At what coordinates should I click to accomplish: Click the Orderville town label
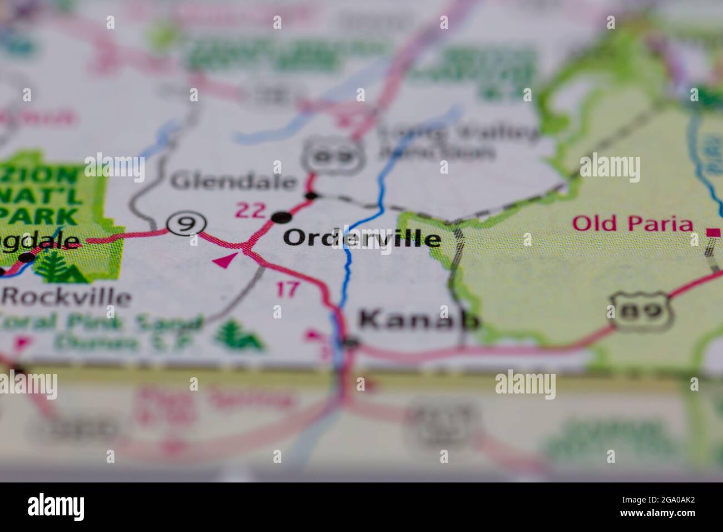tap(362, 239)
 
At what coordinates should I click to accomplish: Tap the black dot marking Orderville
tap(282, 216)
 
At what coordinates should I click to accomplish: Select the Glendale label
tap(234, 181)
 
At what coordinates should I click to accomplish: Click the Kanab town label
tap(418, 320)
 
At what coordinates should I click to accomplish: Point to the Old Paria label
tap(633, 224)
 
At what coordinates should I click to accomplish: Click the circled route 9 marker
tap(187, 224)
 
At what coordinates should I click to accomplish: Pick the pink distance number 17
tap(288, 289)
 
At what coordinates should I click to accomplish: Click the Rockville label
tap(67, 297)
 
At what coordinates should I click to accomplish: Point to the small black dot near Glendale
tap(311, 195)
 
